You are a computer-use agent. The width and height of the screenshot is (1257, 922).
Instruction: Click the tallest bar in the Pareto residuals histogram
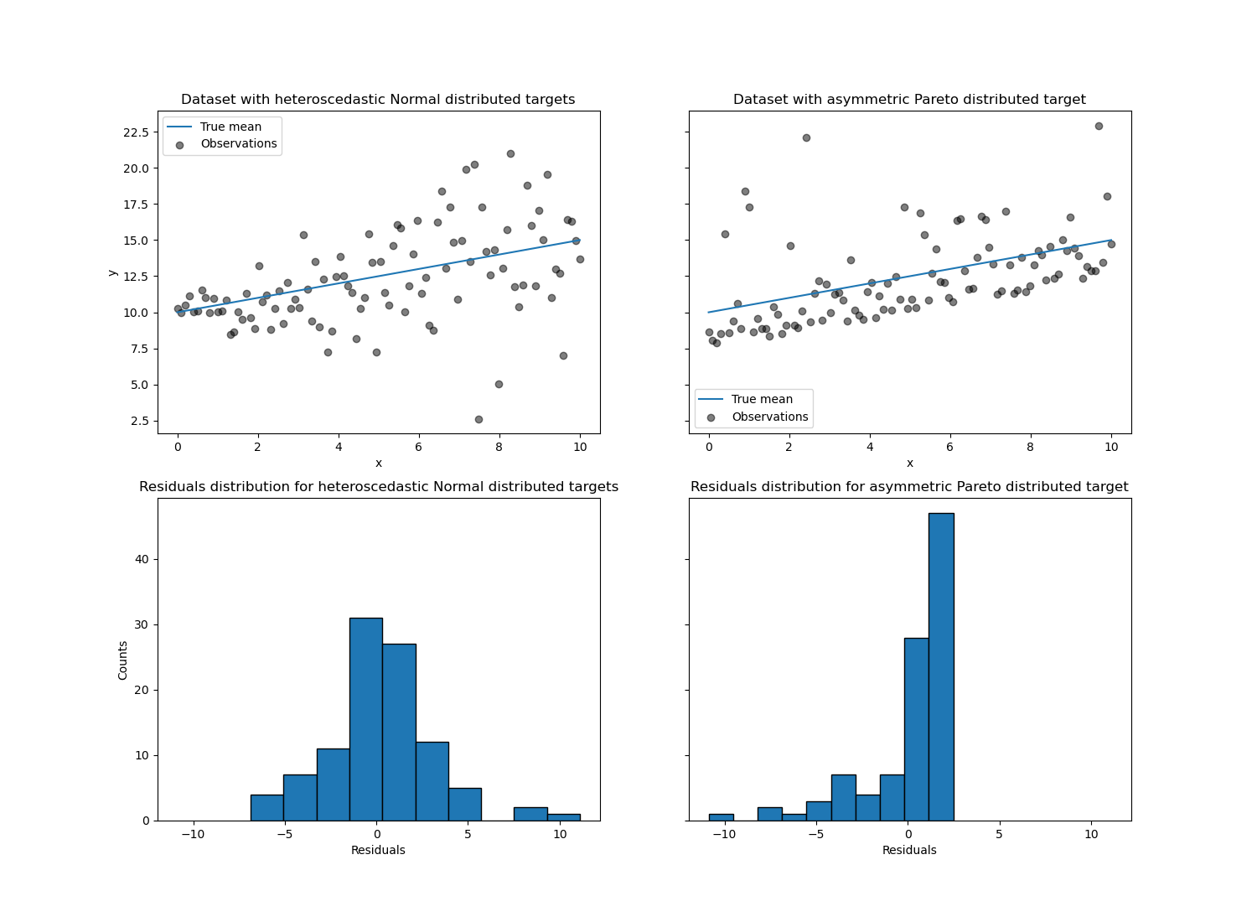pyautogui.click(x=941, y=666)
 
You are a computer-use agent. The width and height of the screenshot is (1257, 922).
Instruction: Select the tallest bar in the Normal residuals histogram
pyautogui.click(x=365, y=719)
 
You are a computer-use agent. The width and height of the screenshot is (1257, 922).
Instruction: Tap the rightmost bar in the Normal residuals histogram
pyautogui.click(x=564, y=817)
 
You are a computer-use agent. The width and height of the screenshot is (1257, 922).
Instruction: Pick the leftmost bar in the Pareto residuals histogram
pyautogui.click(x=721, y=817)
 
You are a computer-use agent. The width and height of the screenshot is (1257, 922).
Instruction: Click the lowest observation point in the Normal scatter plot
pyautogui.click(x=478, y=419)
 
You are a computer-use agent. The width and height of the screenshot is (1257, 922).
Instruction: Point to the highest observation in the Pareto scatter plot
pyautogui.click(x=1099, y=126)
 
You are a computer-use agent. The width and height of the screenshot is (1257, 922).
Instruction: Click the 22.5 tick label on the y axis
pyautogui.click(x=136, y=132)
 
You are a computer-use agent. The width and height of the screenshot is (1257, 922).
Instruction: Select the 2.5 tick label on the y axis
pyautogui.click(x=139, y=421)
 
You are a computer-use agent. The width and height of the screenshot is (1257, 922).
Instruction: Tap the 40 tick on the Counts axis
pyautogui.click(x=142, y=559)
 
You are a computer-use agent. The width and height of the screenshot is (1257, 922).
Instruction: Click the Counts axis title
pyautogui.click(x=123, y=660)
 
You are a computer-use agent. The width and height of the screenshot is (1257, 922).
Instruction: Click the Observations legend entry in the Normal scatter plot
pyautogui.click(x=238, y=143)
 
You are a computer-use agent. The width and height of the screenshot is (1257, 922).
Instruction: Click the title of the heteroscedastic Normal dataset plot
pyautogui.click(x=378, y=99)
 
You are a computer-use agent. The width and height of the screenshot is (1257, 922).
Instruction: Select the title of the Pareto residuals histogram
pyautogui.click(x=909, y=486)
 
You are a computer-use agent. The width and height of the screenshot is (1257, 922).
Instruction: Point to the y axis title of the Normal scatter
pyautogui.click(x=112, y=272)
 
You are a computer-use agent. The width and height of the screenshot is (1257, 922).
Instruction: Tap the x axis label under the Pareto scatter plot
pyautogui.click(x=909, y=463)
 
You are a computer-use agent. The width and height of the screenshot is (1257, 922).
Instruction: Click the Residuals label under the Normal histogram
pyautogui.click(x=378, y=850)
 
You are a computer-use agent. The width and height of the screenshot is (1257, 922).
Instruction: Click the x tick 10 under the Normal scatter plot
pyautogui.click(x=580, y=447)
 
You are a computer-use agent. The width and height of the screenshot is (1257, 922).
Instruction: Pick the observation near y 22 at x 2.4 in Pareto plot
pyautogui.click(x=806, y=137)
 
